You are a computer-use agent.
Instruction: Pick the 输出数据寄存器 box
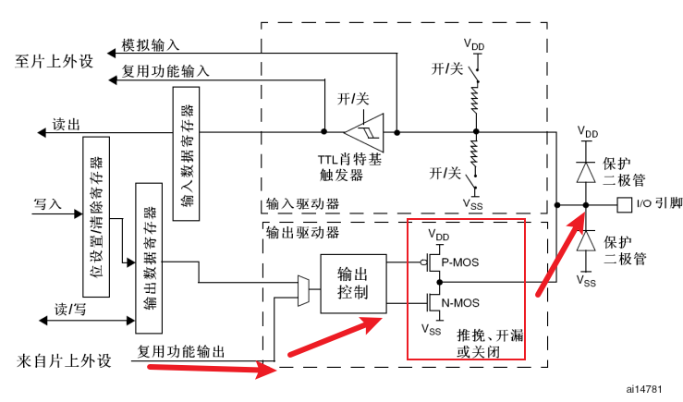tap(148, 257)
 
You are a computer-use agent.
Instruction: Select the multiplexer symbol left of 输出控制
tap(302, 288)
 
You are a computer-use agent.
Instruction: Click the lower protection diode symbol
tap(585, 240)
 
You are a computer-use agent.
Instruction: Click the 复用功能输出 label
tap(180, 351)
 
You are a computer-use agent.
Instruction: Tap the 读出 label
tap(66, 124)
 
